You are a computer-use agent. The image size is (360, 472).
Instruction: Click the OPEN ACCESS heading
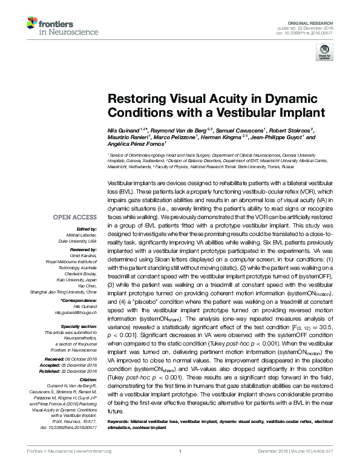coord(76,216)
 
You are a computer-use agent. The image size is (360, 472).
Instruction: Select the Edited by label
coord(87,229)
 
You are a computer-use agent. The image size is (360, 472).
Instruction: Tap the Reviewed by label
coord(84,249)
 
